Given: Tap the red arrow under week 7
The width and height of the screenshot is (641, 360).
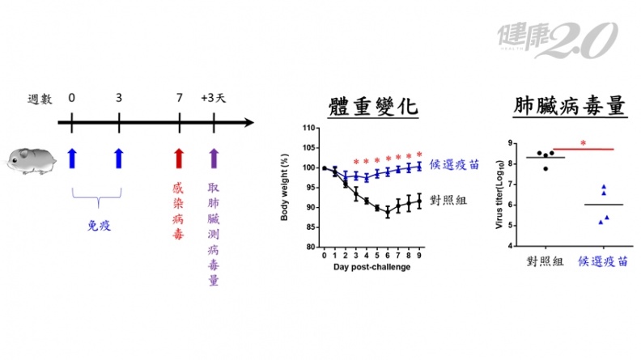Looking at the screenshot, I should click(x=179, y=159).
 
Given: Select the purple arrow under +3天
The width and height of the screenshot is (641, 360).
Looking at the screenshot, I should click(x=214, y=159).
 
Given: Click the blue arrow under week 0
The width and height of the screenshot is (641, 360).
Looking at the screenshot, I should click(x=72, y=159).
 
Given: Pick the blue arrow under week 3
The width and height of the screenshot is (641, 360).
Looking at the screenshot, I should click(x=119, y=159).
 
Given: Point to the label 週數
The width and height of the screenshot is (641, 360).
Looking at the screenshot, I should click(x=38, y=99).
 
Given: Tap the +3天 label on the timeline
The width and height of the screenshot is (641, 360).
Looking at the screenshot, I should click(x=214, y=99).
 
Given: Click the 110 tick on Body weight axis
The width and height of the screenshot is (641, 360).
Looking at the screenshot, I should click(x=308, y=128).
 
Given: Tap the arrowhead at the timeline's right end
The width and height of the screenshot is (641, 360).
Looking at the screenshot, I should click(x=249, y=124).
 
